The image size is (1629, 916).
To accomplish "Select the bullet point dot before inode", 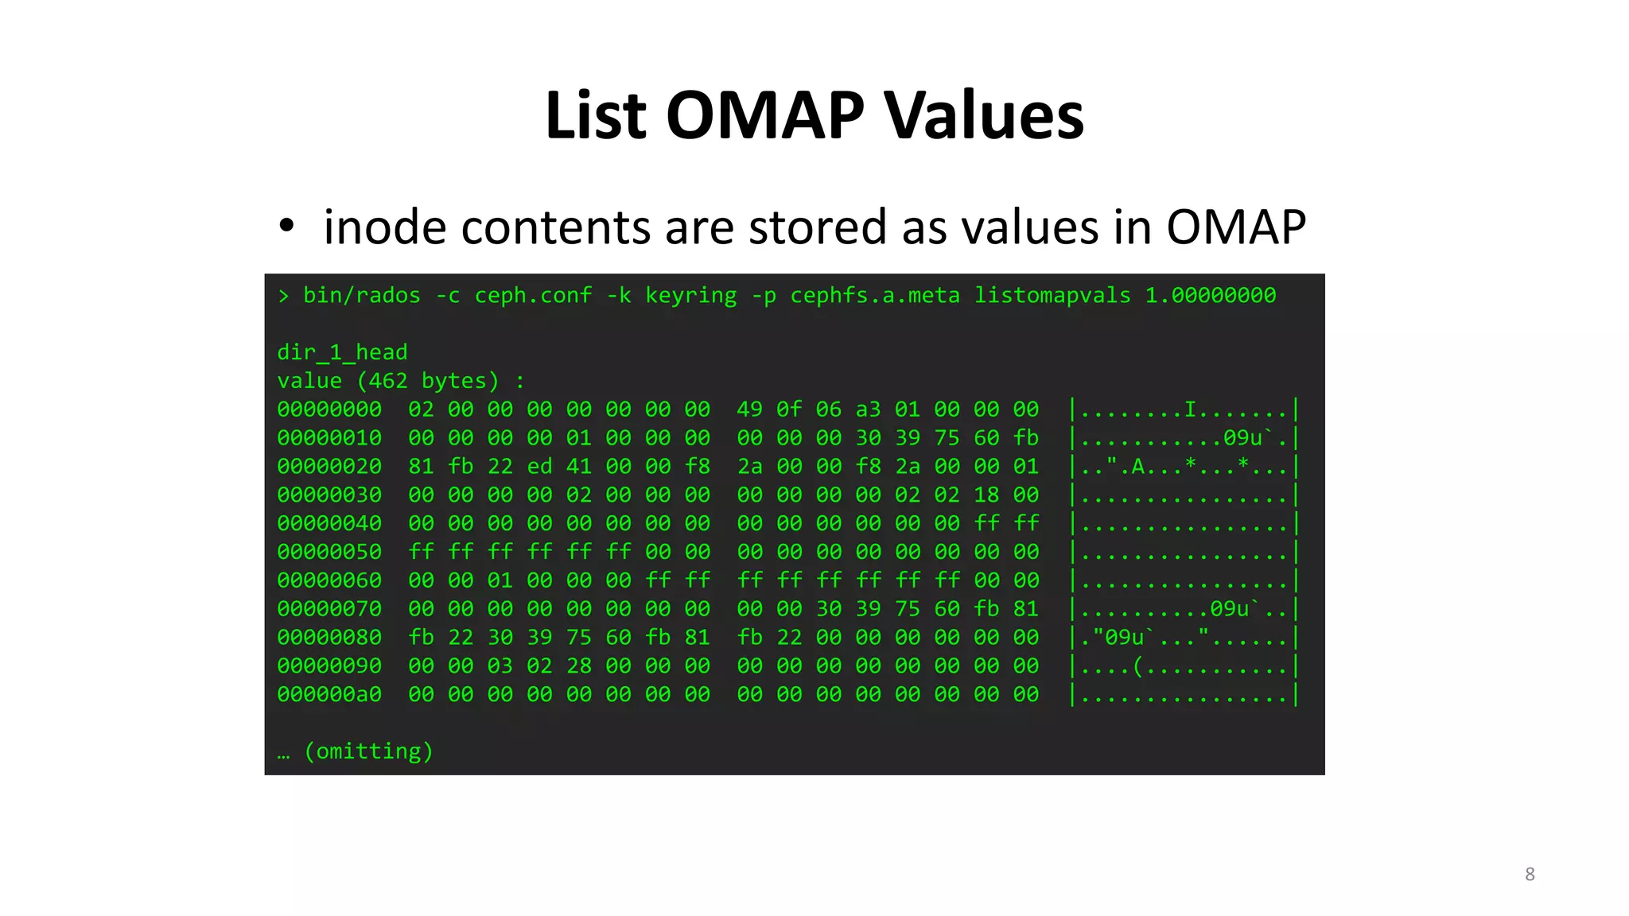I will [286, 226].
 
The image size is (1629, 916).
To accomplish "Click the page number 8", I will [1530, 875].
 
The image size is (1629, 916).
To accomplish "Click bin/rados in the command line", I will [361, 296].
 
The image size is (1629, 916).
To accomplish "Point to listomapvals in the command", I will [1052, 296].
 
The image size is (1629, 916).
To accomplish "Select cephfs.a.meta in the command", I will [874, 296].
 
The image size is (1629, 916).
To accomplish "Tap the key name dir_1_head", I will [342, 352].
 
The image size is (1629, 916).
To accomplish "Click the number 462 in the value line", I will [387, 381].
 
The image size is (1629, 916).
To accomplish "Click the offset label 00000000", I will [329, 409].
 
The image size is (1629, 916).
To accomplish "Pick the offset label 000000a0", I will [329, 695].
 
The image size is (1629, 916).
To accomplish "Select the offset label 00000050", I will [329, 552].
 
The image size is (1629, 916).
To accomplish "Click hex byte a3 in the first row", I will [868, 409].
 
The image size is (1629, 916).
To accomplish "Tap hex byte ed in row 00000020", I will [539, 467].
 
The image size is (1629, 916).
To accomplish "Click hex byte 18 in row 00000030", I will [986, 495].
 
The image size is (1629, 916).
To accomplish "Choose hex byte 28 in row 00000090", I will [579, 666].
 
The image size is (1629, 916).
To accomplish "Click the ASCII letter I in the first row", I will [1191, 409].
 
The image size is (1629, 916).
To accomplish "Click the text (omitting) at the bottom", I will [368, 751].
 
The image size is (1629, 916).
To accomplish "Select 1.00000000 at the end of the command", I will [1210, 296].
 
